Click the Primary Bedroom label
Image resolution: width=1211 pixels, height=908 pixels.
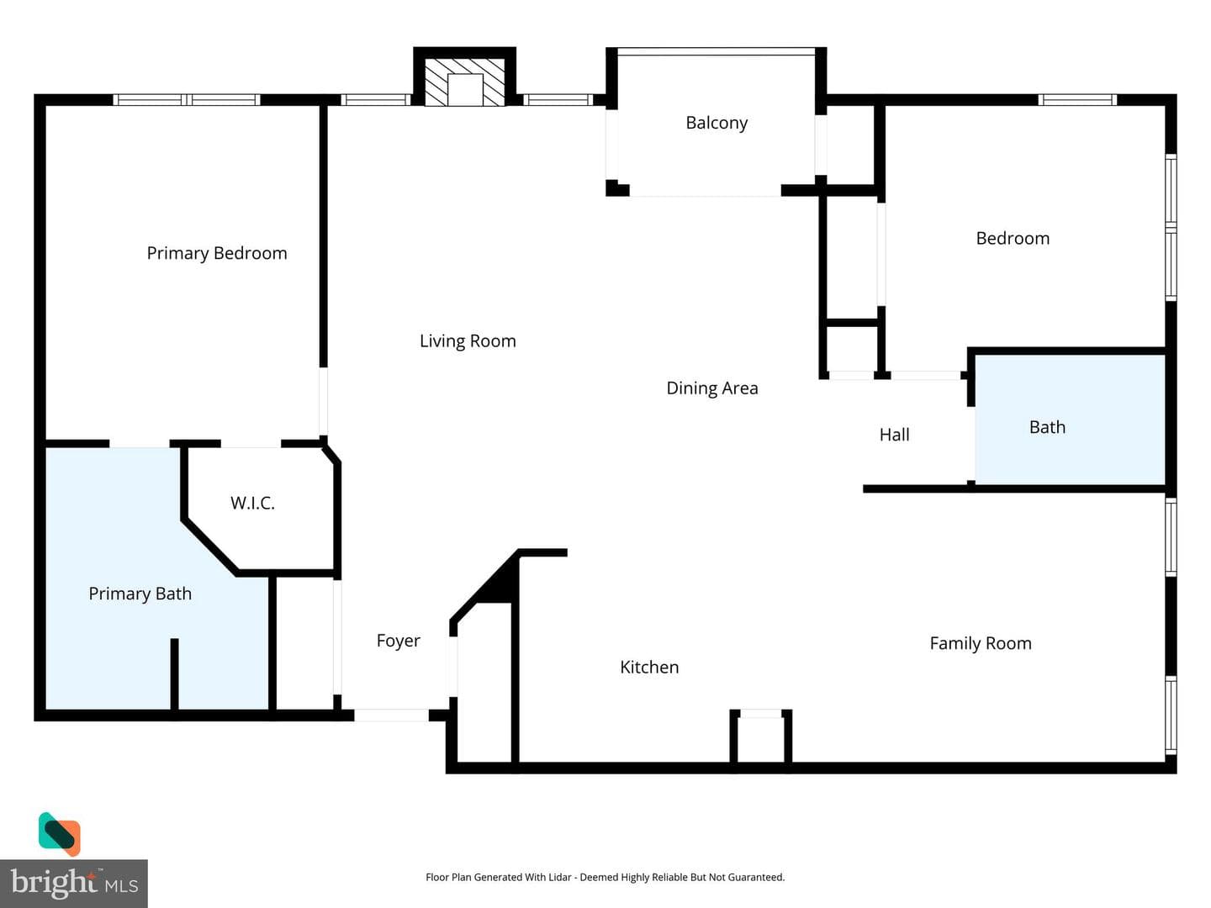click(217, 253)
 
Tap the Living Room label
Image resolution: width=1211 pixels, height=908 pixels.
click(468, 340)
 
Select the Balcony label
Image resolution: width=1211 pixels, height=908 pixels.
click(717, 123)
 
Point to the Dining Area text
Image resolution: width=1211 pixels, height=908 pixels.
click(712, 388)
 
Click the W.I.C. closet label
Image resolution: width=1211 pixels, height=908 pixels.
click(252, 503)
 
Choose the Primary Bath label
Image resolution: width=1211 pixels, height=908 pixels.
click(140, 594)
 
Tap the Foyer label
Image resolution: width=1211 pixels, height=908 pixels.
click(399, 641)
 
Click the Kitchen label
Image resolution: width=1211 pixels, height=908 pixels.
click(649, 667)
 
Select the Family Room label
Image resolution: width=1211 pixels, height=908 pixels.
click(981, 643)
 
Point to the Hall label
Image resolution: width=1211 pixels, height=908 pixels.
click(894, 435)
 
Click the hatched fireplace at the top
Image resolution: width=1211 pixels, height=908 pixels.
click(464, 82)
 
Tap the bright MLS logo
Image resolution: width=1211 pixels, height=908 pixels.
click(74, 883)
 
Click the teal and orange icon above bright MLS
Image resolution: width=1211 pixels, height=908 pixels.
click(60, 833)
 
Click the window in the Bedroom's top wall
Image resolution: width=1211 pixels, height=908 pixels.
click(1077, 100)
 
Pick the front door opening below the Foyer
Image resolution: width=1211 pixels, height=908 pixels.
click(391, 715)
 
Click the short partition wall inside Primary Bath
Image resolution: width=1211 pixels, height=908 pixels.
click(174, 674)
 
